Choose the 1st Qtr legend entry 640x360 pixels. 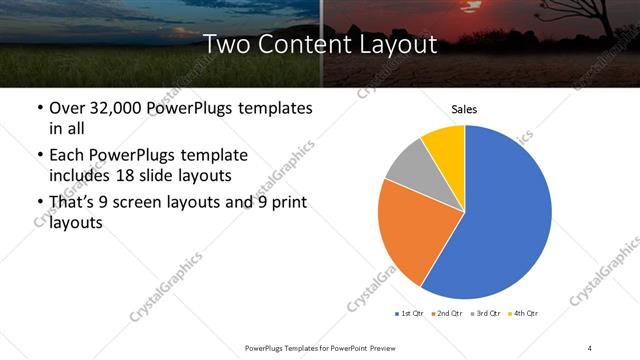[x=411, y=314]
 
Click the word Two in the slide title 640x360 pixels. [x=228, y=44]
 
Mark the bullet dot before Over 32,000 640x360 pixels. [x=39, y=109]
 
